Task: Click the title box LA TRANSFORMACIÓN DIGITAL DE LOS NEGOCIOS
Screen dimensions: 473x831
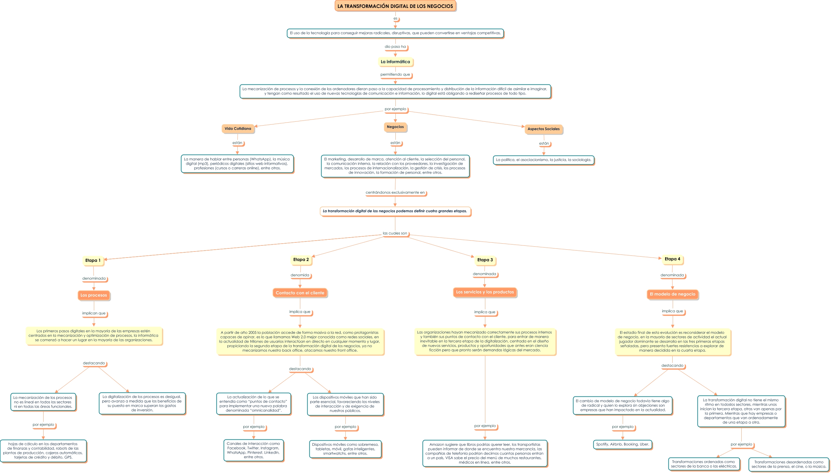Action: (x=395, y=6)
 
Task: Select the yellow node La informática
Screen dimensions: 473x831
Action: (x=395, y=62)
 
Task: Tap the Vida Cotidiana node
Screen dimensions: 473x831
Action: (x=238, y=129)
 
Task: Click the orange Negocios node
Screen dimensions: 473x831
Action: (x=395, y=127)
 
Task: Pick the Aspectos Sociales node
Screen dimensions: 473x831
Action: (x=543, y=129)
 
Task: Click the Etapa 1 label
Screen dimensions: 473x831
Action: (x=93, y=261)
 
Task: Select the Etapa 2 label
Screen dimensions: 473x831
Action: (x=301, y=260)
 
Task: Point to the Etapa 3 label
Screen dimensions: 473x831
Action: (x=485, y=260)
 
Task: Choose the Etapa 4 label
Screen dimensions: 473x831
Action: (x=672, y=259)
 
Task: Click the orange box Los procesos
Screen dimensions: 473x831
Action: (x=94, y=295)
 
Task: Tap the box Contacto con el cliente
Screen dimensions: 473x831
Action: (x=300, y=293)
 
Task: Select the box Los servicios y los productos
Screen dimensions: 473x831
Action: (x=485, y=292)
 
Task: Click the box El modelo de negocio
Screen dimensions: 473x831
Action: (x=672, y=294)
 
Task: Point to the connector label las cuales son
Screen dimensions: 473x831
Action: (x=394, y=233)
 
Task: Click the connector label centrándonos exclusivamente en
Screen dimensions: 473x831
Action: (x=395, y=193)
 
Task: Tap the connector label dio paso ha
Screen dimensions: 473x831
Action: (x=395, y=47)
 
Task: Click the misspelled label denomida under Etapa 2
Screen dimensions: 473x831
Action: (x=300, y=275)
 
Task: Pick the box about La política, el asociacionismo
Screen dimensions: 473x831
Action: (x=543, y=160)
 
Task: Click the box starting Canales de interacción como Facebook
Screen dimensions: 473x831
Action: (x=253, y=450)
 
